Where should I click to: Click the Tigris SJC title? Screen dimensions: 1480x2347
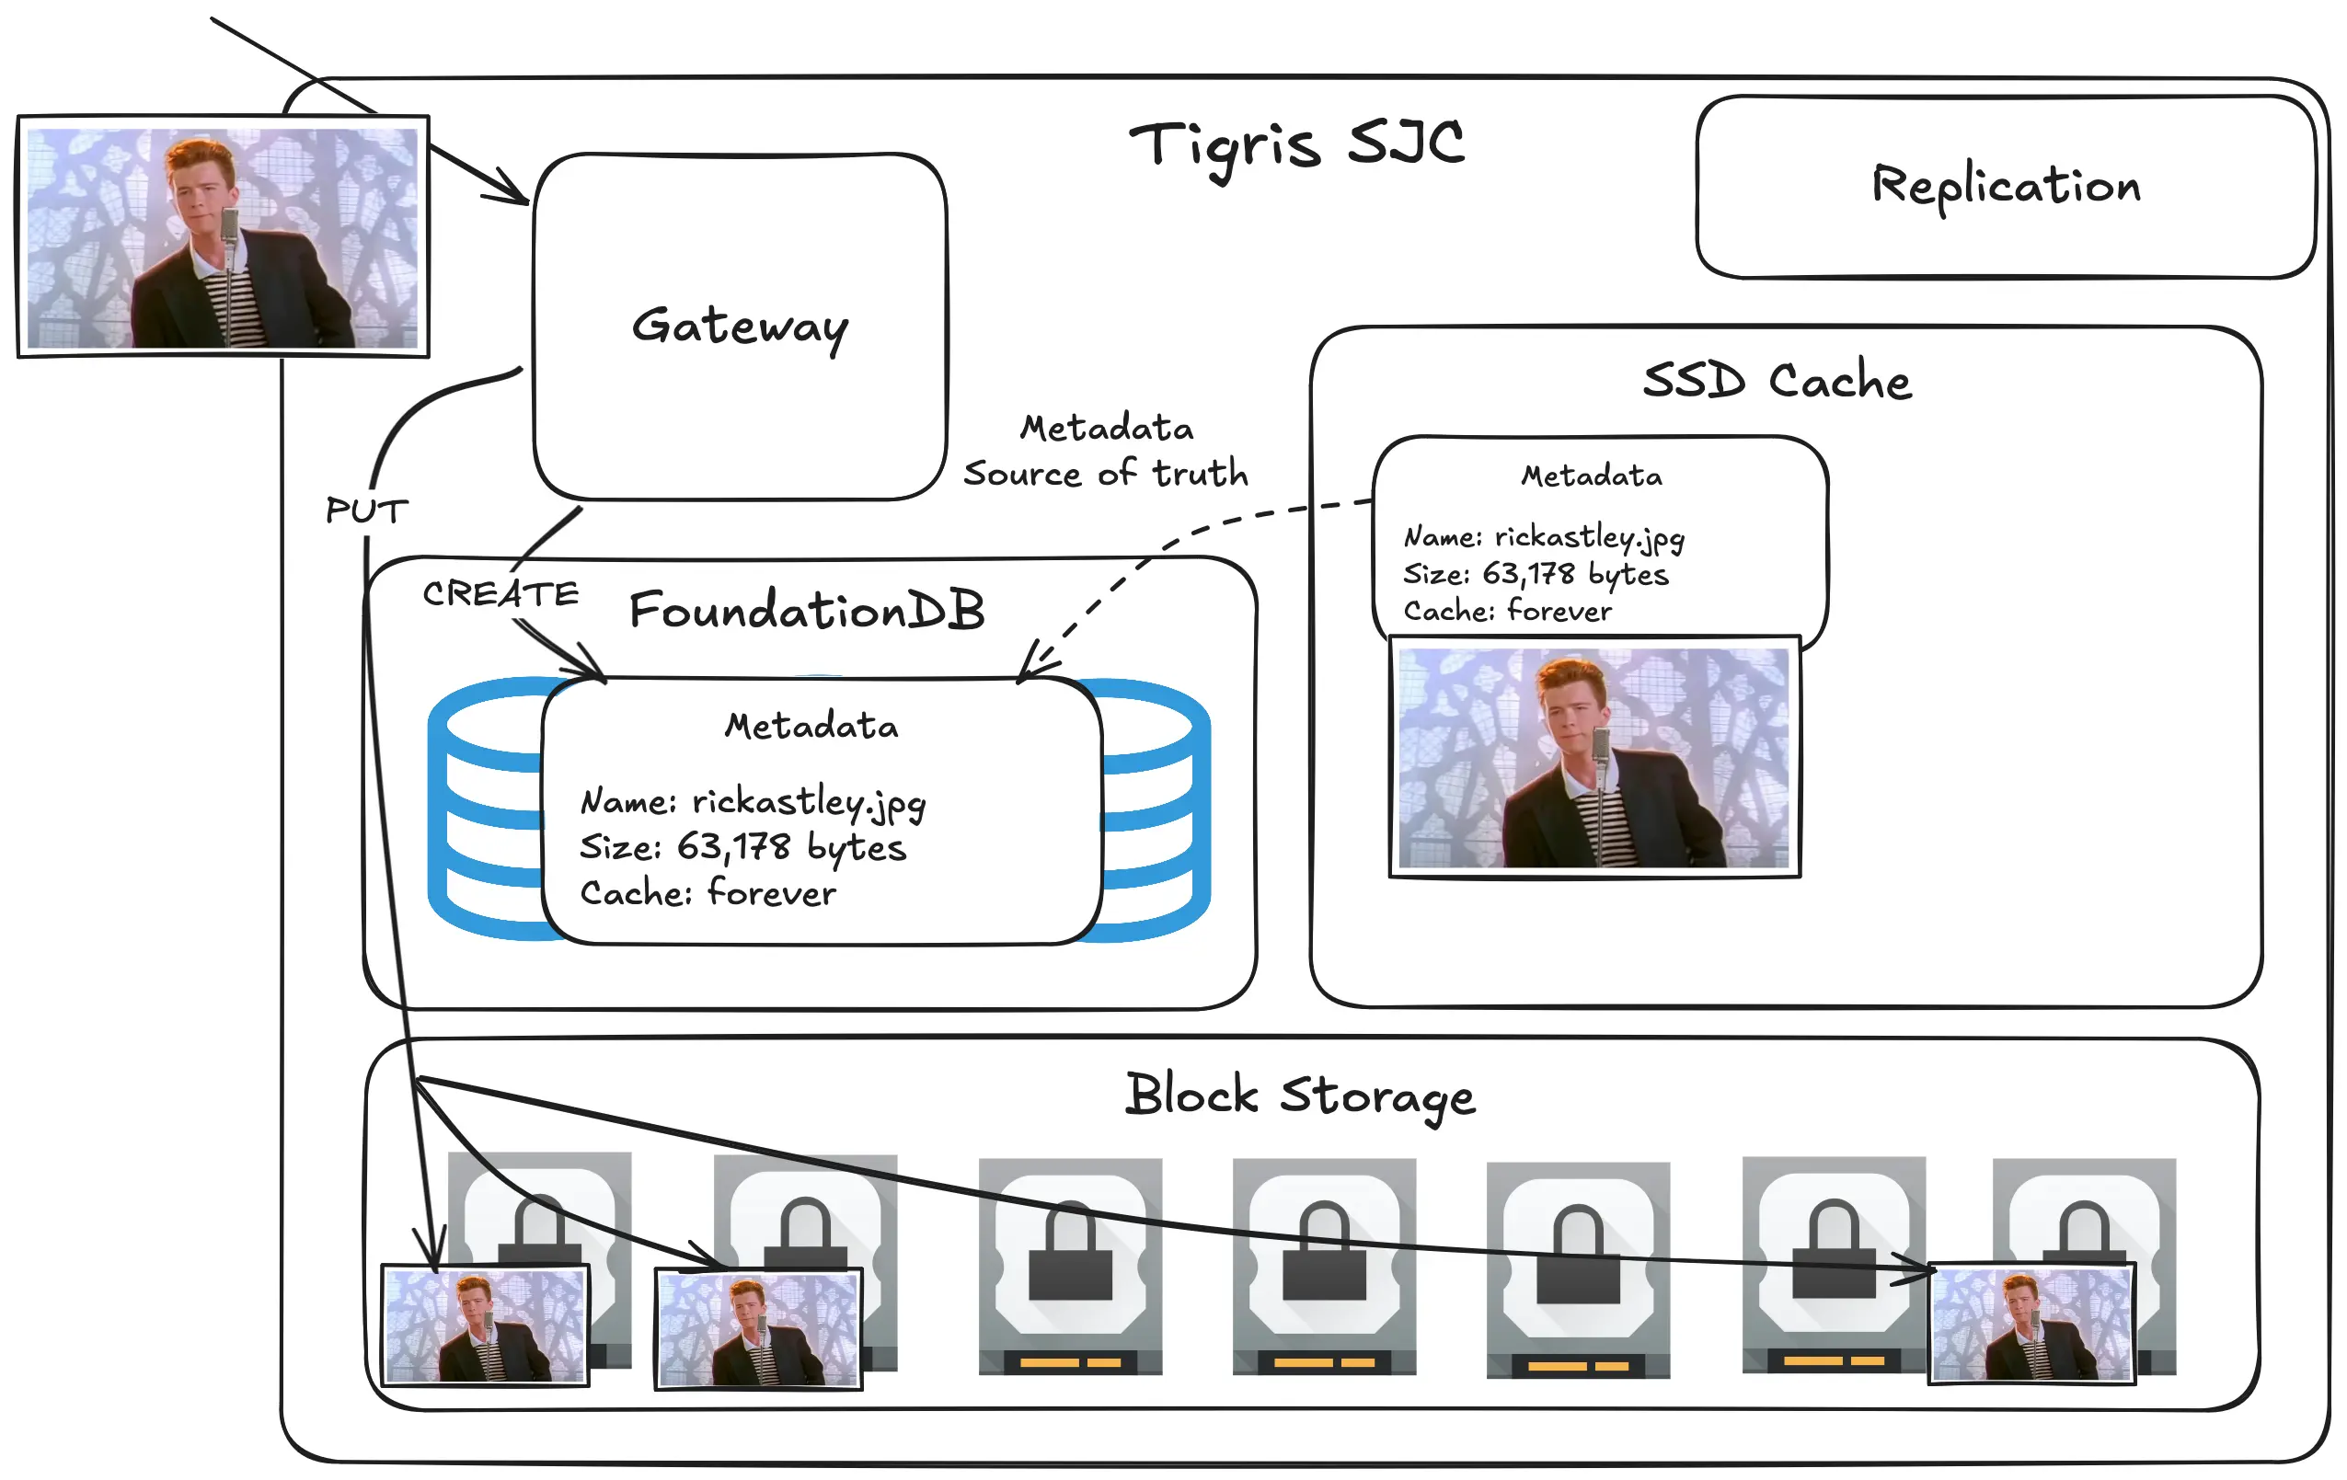pyautogui.click(x=1296, y=146)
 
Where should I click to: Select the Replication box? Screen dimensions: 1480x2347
pyautogui.click(x=2005, y=186)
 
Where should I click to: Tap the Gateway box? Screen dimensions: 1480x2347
pyautogui.click(x=740, y=327)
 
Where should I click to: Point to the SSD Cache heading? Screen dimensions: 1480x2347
pyautogui.click(x=1776, y=380)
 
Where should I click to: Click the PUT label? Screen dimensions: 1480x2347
pyautogui.click(x=366, y=511)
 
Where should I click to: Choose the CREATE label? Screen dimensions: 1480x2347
pyautogui.click(x=500, y=593)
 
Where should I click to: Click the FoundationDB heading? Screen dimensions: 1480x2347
pyautogui.click(x=806, y=611)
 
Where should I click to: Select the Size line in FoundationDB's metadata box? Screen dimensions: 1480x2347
pyautogui.click(x=742, y=846)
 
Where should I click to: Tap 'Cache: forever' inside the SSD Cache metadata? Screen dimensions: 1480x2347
pyautogui.click(x=1507, y=611)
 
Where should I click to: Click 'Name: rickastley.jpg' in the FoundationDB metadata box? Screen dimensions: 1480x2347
pyautogui.click(x=753, y=801)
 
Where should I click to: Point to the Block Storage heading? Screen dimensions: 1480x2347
pyautogui.click(x=1299, y=1096)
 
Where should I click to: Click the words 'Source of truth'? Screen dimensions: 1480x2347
pyautogui.click(x=1105, y=474)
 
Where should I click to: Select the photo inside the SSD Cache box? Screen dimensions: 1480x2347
pyautogui.click(x=1593, y=757)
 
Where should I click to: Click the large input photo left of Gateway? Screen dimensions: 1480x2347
pyautogui.click(x=224, y=236)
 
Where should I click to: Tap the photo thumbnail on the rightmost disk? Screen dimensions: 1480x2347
pyautogui.click(x=2032, y=1322)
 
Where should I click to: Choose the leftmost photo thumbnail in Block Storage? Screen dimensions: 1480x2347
pyautogui.click(x=486, y=1325)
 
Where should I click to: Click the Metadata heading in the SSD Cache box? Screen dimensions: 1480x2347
pyautogui.click(x=1592, y=476)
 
